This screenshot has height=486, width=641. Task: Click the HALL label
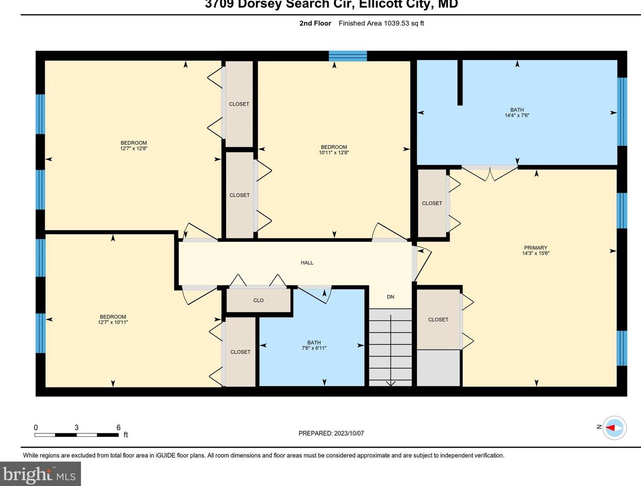click(307, 263)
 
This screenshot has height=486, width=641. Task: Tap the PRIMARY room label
click(535, 248)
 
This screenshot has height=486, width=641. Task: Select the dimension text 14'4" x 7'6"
click(517, 115)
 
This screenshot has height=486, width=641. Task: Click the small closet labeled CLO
click(258, 300)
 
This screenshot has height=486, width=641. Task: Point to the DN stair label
click(390, 297)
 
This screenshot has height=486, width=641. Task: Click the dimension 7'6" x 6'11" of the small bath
click(314, 348)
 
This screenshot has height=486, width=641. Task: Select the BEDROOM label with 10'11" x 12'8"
click(334, 147)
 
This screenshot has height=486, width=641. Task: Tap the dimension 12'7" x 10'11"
click(112, 322)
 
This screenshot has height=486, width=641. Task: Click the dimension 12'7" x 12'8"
click(133, 149)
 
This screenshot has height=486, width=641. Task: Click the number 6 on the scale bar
click(119, 427)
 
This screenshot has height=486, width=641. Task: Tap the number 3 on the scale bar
click(76, 427)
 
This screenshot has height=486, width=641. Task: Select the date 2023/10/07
click(349, 433)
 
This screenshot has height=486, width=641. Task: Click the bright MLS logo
click(40, 474)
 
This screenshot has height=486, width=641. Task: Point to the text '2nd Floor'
click(315, 23)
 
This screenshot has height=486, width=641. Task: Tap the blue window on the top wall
click(348, 56)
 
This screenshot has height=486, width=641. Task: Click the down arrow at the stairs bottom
click(390, 383)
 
